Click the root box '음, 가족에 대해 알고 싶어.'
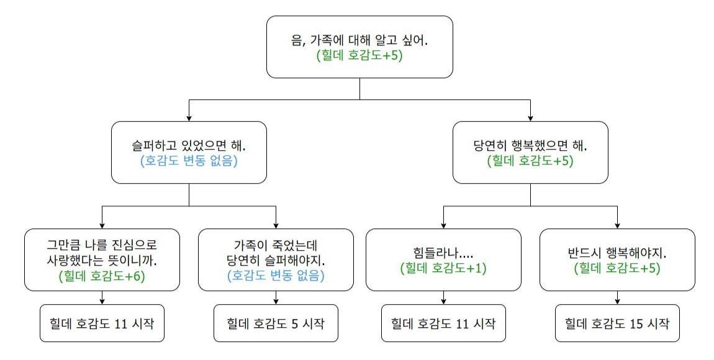359,47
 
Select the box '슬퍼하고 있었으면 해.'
189,153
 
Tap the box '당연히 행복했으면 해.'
530,153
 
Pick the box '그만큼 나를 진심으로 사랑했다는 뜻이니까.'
102,260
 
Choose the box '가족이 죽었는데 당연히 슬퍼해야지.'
276,260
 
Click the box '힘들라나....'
443,260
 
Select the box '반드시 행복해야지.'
618,260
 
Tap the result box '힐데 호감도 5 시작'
276,323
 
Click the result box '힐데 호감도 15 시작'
618,323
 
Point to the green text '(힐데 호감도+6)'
102,276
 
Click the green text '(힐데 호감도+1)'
443,268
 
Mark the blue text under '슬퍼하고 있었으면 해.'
189,161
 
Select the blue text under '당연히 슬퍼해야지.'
276,276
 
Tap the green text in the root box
359,55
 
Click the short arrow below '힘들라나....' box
443,298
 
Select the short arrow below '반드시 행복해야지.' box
618,298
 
